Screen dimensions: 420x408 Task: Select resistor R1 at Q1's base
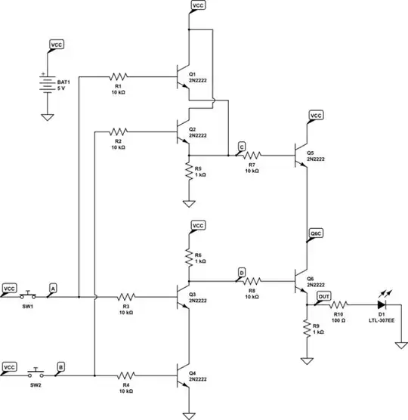[119, 76]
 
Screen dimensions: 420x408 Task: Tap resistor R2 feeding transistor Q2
[119, 131]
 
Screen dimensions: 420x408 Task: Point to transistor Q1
[182, 76]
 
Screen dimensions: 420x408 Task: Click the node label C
[240, 145]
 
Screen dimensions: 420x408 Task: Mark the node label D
[241, 271]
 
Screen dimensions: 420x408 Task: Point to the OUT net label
[324, 297]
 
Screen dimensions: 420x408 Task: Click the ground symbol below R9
[307, 359]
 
